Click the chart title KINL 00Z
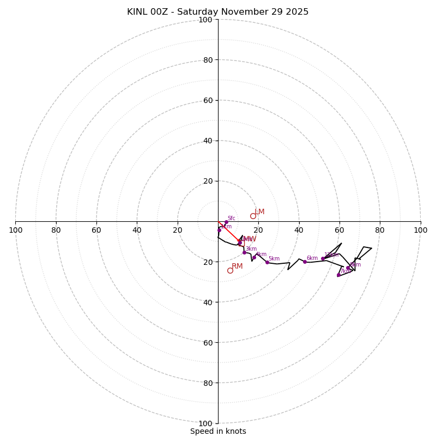(217, 12)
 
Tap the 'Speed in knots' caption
(218, 431)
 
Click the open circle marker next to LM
(253, 216)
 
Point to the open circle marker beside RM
(230, 270)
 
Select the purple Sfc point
(226, 222)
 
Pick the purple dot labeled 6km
(305, 262)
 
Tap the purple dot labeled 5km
(267, 262)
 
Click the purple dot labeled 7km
(338, 275)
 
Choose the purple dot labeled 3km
(244, 252)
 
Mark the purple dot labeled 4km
(254, 257)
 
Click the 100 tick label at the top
(205, 20)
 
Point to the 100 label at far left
(16, 230)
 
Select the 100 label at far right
(420, 230)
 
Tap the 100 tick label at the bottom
(205, 423)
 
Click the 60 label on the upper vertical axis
(207, 100)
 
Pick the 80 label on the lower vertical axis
(207, 383)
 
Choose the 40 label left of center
(137, 230)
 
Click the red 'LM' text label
(259, 211)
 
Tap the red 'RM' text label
(237, 266)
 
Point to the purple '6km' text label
(312, 258)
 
